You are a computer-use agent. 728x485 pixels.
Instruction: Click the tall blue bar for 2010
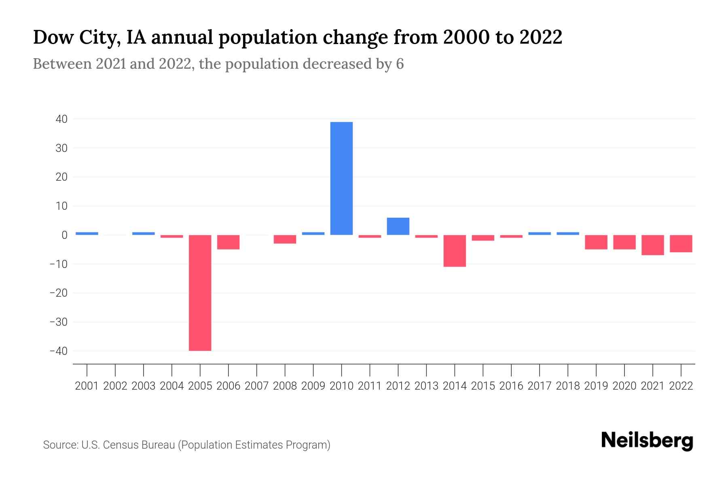[x=341, y=178]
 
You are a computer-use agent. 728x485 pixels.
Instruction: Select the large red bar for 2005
[x=200, y=293]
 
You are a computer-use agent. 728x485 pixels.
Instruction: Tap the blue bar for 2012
[x=398, y=226]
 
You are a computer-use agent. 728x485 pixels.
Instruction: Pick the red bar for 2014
[x=455, y=251]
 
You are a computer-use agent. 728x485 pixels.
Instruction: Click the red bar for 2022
[x=681, y=244]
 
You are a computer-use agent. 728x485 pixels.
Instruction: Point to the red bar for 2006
[x=229, y=242]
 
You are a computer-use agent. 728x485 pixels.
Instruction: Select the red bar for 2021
[x=653, y=245]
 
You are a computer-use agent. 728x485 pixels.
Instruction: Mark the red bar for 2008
[x=285, y=239]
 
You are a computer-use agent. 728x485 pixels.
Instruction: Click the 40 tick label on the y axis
[x=62, y=119]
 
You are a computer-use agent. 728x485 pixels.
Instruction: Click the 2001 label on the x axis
[x=87, y=386]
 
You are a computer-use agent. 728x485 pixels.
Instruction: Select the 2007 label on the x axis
[x=257, y=386]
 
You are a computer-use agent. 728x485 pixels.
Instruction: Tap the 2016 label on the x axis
[x=511, y=386]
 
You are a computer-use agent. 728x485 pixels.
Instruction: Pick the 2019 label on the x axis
[x=596, y=386]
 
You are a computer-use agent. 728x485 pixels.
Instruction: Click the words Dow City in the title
[x=76, y=38]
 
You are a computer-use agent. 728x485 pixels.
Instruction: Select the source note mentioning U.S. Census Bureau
[x=186, y=445]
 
